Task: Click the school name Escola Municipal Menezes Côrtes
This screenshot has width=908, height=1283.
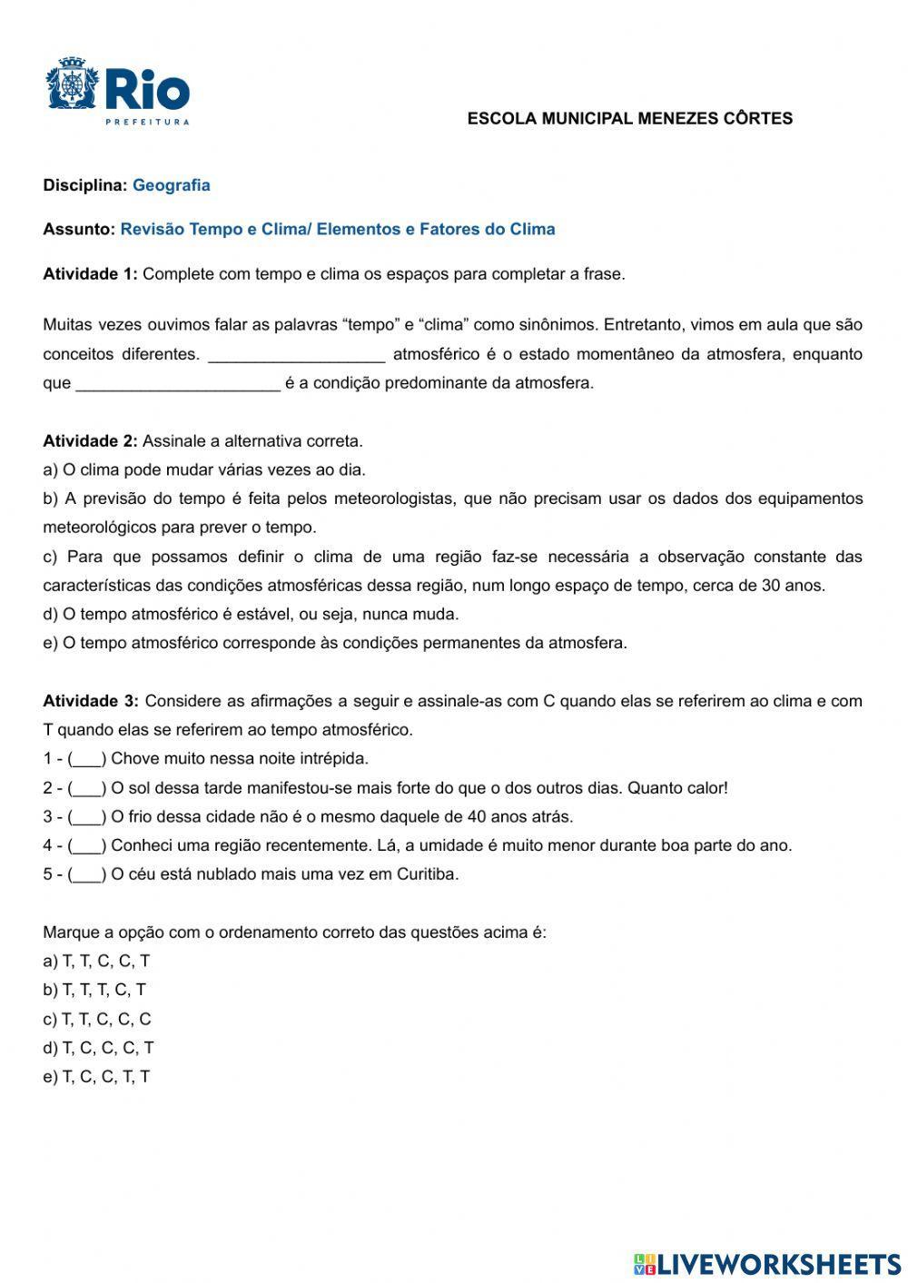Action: [629, 119]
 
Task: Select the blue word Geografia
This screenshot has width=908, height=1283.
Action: [171, 185]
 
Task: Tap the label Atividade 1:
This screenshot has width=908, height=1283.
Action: [90, 274]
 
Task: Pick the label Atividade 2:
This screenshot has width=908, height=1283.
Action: [90, 441]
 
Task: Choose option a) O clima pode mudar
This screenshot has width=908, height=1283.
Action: [204, 470]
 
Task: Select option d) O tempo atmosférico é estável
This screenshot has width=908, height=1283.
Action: [251, 615]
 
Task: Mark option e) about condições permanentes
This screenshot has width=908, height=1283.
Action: [334, 644]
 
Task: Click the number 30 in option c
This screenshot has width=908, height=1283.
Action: [771, 586]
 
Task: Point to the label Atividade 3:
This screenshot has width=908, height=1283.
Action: [91, 701]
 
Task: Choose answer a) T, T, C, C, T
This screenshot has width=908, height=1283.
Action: [96, 962]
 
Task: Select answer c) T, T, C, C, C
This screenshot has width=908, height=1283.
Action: [97, 1020]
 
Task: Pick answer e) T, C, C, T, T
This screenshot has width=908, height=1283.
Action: [96, 1078]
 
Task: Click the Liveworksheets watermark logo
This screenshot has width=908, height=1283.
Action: [767, 1264]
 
